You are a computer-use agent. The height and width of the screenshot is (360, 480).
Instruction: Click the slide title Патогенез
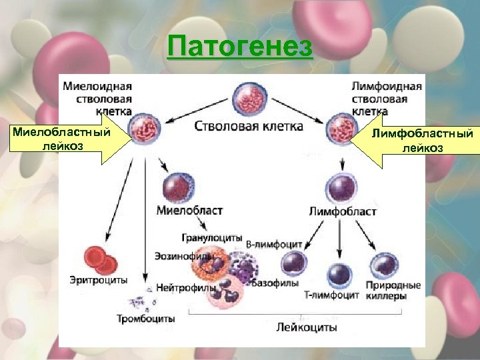pos(240,47)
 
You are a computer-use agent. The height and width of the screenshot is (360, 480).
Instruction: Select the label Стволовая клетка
pos(249,125)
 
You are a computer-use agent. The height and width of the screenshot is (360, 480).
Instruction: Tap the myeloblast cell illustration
pos(178,186)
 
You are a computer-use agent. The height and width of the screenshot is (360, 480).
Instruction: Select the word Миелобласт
pos(189,211)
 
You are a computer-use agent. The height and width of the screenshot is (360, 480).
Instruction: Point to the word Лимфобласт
pos(343,211)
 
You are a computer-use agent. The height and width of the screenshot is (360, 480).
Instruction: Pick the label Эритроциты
pos(98,280)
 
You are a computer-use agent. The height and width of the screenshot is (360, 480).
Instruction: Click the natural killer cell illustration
pos(384,265)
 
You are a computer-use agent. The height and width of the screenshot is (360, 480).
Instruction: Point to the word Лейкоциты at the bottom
pos(307,327)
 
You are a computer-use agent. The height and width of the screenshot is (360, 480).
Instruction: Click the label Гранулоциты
pos(211,237)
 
